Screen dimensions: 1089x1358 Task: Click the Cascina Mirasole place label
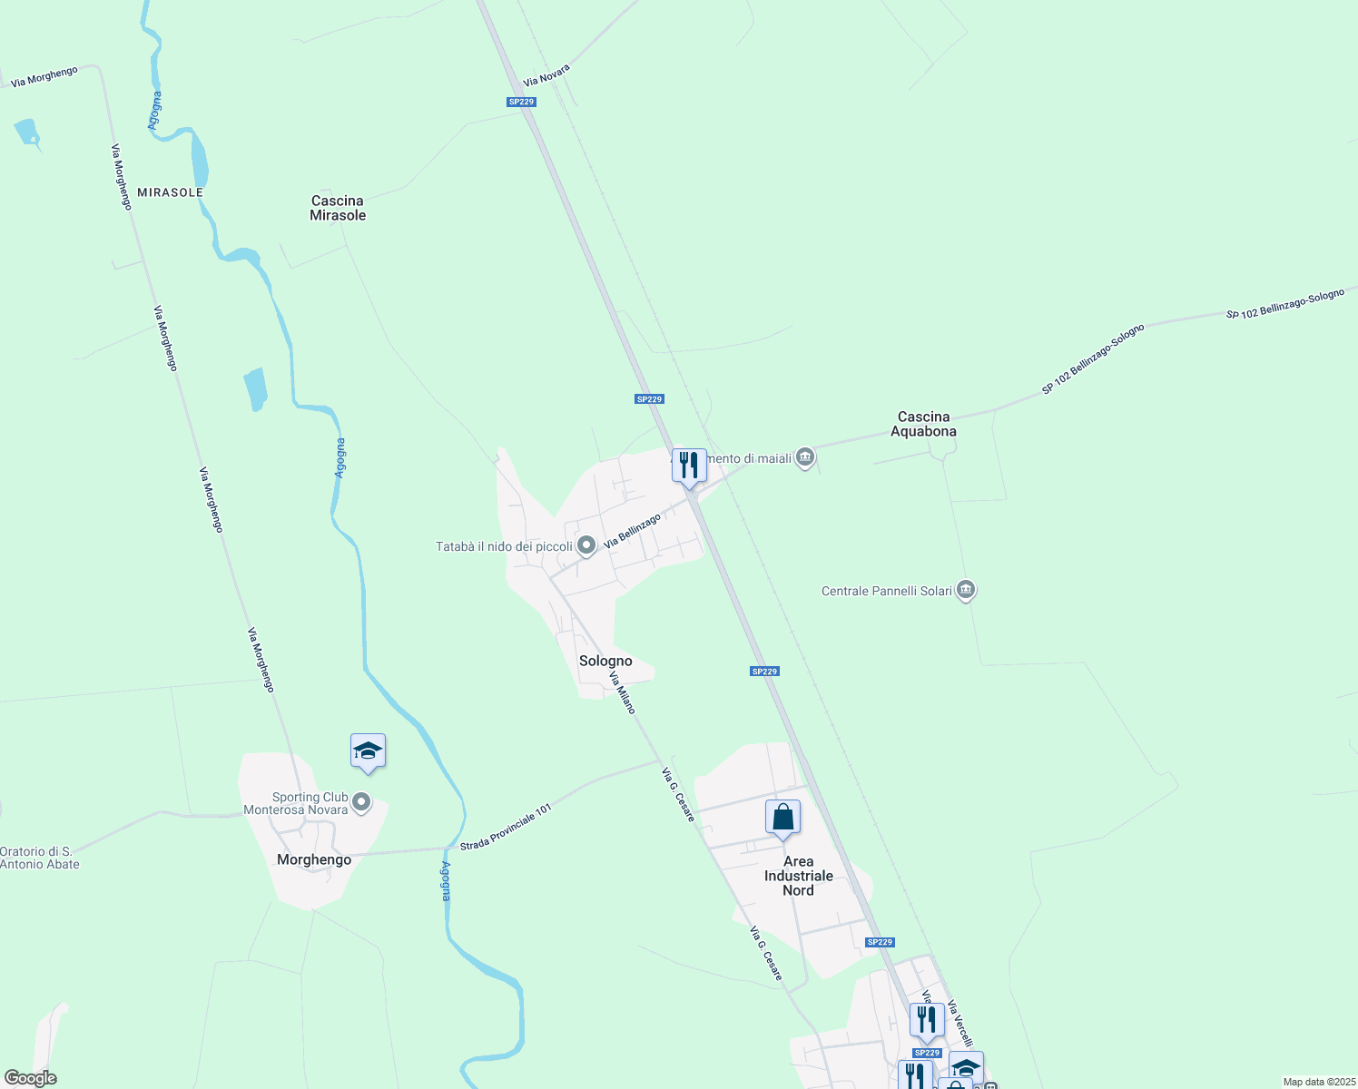[x=338, y=208]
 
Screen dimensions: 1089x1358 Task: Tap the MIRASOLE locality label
[x=170, y=192]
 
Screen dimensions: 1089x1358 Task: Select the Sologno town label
[x=605, y=661]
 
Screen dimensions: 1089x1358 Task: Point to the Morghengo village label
[x=314, y=859]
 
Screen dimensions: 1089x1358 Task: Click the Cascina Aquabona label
[x=923, y=424]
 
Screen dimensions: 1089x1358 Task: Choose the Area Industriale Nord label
[x=798, y=876]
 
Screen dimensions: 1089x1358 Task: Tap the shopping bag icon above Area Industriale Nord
[x=782, y=818]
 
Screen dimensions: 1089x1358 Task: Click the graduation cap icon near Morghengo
[x=368, y=751]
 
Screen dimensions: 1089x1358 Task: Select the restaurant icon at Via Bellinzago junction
[x=689, y=466]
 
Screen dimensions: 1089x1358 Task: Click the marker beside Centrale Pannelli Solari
[x=966, y=591]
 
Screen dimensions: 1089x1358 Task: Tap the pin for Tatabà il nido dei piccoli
[x=586, y=545]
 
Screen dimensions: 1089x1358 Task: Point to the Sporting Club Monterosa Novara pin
[x=361, y=802]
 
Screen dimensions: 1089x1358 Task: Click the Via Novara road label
[x=546, y=75]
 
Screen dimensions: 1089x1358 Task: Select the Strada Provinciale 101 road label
[x=506, y=828]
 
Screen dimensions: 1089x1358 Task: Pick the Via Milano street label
[x=622, y=692]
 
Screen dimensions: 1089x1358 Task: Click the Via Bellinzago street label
[x=632, y=531]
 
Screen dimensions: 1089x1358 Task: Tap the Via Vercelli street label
[x=959, y=1024]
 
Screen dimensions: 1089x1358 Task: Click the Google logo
[x=30, y=1078]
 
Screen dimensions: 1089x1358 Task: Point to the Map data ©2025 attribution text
[x=1318, y=1082]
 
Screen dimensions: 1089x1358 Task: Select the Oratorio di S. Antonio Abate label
[x=40, y=858]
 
